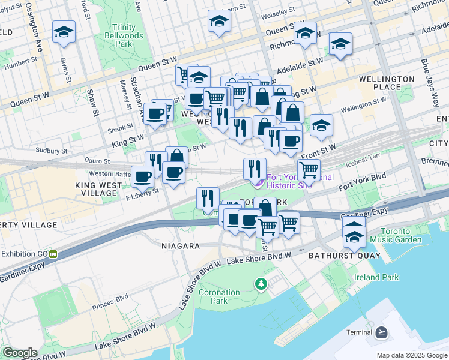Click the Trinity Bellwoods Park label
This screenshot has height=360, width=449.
pyautogui.click(x=131, y=36)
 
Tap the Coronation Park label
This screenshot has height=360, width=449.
pyautogui.click(x=215, y=296)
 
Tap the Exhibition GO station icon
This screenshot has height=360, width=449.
pyautogui.click(x=53, y=254)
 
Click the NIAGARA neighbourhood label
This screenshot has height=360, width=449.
pyautogui.click(x=180, y=246)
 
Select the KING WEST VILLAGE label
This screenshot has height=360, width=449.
pyautogui.click(x=96, y=190)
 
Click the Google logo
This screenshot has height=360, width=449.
pyautogui.click(x=19, y=353)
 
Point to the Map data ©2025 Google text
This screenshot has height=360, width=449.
pyautogui.click(x=412, y=355)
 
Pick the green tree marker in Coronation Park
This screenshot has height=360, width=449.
pyautogui.click(x=261, y=283)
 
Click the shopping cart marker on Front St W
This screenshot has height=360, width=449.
pyautogui.click(x=309, y=170)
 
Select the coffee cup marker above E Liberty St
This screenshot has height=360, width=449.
pyautogui.click(x=142, y=176)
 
